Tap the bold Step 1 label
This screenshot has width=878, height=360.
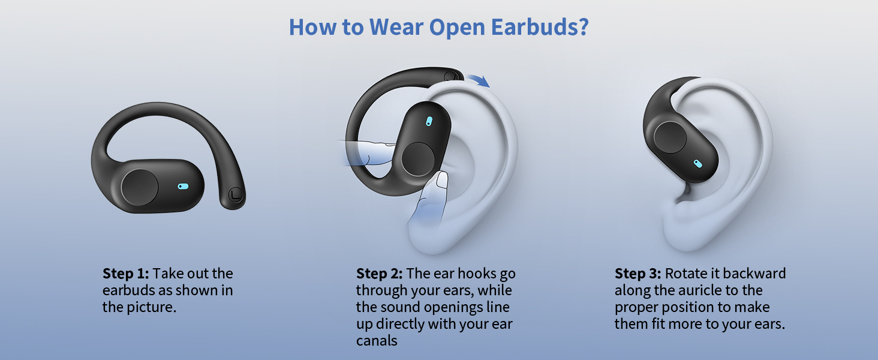pos(125,274)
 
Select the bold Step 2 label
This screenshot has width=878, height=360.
pos(379,274)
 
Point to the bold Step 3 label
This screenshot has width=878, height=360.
pos(638,274)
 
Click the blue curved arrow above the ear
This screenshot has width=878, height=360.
pos(478,80)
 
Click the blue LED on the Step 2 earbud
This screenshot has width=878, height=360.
pos(428,121)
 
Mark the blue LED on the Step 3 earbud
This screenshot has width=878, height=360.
pos(698,163)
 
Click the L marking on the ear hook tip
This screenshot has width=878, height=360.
pos(235,195)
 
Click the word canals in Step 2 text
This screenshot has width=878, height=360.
pos(377,341)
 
